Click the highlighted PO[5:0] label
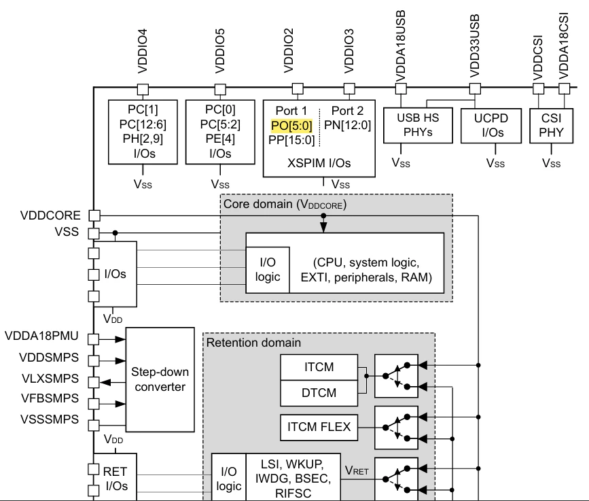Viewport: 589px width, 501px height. point(291,126)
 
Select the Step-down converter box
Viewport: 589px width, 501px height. point(160,379)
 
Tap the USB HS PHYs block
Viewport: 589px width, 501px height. point(418,125)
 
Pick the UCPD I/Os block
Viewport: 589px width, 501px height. point(491,126)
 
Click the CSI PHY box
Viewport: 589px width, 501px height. point(551,126)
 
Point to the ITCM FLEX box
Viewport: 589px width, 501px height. point(319,428)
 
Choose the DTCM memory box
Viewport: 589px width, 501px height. point(319,393)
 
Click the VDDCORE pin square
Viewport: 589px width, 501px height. point(94,215)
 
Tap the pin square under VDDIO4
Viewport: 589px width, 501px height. point(143,90)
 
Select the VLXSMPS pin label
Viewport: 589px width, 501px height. point(50,379)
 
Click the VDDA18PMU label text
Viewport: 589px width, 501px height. point(41,336)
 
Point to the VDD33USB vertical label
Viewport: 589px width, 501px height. point(475,46)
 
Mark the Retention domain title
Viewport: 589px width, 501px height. point(253,343)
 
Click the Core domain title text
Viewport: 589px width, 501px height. point(285,204)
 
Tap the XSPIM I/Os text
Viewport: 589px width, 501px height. point(319,163)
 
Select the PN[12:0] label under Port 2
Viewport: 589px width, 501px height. point(347,125)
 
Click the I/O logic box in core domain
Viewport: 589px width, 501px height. point(268,270)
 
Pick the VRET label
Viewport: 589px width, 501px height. point(357,470)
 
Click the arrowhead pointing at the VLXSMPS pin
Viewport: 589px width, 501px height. point(105,383)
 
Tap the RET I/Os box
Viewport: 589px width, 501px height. point(115,477)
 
